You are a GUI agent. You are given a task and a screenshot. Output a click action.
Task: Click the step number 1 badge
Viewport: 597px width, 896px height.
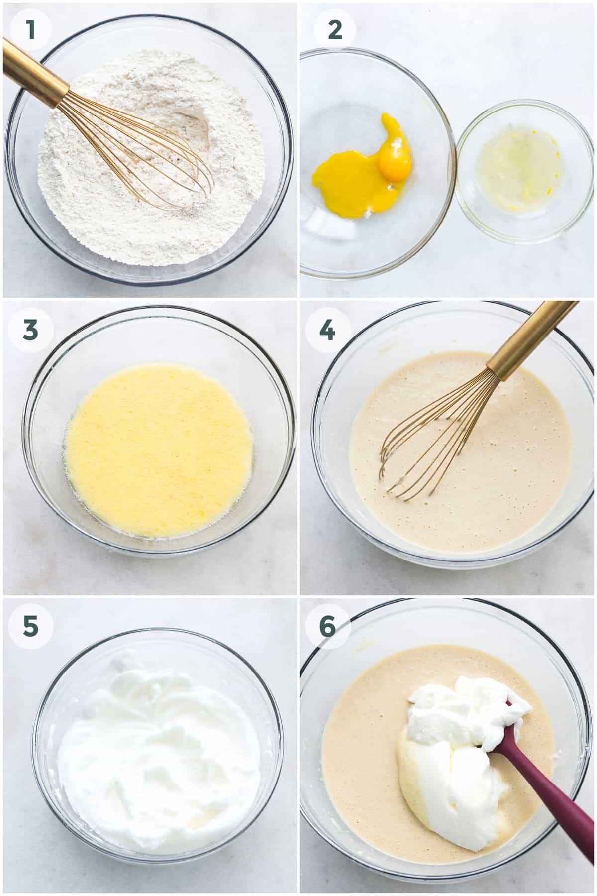(31, 30)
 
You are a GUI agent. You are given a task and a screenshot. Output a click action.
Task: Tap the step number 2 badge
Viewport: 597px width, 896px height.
(329, 30)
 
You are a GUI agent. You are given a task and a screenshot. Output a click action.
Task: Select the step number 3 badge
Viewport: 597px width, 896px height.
(31, 329)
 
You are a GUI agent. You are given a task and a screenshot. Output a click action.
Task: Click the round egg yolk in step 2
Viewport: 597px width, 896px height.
(395, 162)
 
